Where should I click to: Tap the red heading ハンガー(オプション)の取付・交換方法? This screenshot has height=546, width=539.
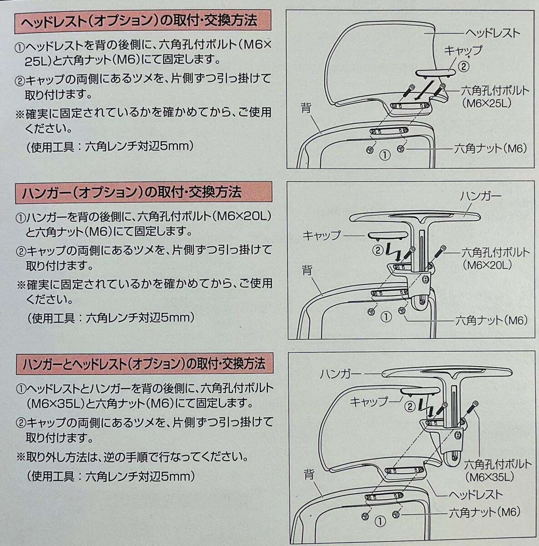pyautogui.click(x=132, y=192)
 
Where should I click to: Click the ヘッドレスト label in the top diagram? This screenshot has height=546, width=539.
pyautogui.click(x=493, y=33)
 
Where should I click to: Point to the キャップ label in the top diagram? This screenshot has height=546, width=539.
pyautogui.click(x=462, y=51)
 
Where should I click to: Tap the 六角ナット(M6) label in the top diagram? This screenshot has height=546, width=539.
pyautogui.click(x=491, y=148)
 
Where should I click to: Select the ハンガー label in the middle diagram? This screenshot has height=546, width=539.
pyautogui.click(x=480, y=197)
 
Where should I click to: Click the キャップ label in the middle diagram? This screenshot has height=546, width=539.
pyautogui.click(x=322, y=235)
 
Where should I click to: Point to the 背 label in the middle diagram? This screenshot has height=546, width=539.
pyautogui.click(x=307, y=271)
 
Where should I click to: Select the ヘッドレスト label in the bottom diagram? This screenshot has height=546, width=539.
pyautogui.click(x=476, y=495)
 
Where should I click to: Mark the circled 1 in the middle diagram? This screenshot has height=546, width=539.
pyautogui.click(x=386, y=317)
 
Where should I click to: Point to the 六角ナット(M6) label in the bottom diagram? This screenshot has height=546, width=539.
pyautogui.click(x=484, y=512)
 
